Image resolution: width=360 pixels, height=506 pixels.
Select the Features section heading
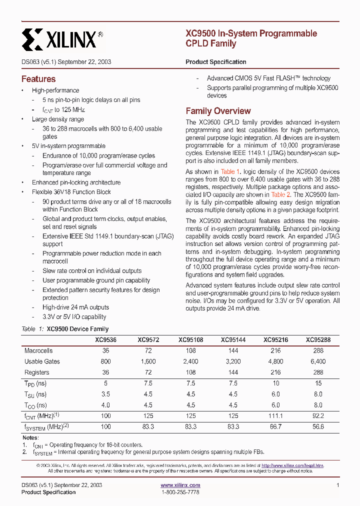pyautogui.click(x=38, y=79)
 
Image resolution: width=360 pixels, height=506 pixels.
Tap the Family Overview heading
pyautogui.click(x=218, y=111)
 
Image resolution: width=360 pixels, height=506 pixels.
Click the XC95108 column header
pyautogui.click(x=190, y=340)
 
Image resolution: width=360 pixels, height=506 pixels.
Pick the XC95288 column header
pyautogui.click(x=318, y=340)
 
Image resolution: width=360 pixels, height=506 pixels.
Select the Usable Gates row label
pyautogui.click(x=42, y=361)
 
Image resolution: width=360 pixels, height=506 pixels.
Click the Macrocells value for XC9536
pyautogui.click(x=105, y=351)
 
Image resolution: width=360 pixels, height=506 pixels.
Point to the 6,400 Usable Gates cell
pyautogui.click(x=318, y=361)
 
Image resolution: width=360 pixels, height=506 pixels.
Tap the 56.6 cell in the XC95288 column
pyautogui.click(x=318, y=427)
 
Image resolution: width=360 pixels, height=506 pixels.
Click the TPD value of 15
pyautogui.click(x=318, y=383)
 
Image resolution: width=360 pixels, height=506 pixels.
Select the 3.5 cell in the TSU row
pyautogui.click(x=105, y=394)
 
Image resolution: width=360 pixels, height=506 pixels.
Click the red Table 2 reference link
pyautogui.click(x=281, y=194)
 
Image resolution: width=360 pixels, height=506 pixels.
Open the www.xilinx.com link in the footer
pyautogui.click(x=180, y=485)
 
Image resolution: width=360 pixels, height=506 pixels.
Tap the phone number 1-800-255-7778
pyautogui.click(x=180, y=492)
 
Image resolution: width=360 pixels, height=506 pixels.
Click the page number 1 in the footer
pyautogui.click(x=338, y=485)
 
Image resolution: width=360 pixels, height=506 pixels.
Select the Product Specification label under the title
pyautogui.click(x=215, y=62)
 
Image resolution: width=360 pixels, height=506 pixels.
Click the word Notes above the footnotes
pyautogui.click(x=30, y=438)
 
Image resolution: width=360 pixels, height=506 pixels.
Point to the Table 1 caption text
pyautogui.click(x=65, y=329)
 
